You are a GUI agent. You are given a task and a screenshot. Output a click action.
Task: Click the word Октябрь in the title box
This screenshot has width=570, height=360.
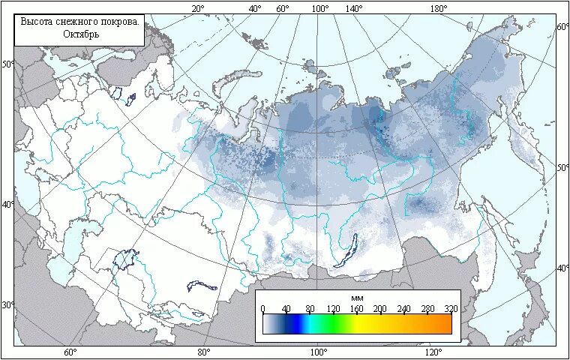click(x=80, y=34)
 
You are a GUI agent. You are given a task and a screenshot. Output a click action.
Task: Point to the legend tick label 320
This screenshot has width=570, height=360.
click(x=450, y=308)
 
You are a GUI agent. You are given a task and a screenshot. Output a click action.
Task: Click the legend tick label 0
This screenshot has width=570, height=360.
click(x=262, y=308)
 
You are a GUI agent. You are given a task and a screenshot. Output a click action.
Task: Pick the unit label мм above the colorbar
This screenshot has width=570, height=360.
click(x=357, y=298)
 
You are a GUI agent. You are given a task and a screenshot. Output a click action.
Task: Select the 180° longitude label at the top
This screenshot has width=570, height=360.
click(x=439, y=8)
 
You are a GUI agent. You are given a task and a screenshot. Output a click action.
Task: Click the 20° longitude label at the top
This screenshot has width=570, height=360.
click(x=198, y=8)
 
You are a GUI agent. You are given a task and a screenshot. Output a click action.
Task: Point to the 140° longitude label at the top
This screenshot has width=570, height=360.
click(x=354, y=8)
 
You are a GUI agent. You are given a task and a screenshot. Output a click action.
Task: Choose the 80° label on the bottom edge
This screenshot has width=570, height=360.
click(x=203, y=352)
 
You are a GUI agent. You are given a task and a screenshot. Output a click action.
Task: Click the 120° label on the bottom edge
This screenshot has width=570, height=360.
click(x=433, y=352)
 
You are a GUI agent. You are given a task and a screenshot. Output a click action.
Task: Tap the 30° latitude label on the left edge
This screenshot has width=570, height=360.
click(x=7, y=305)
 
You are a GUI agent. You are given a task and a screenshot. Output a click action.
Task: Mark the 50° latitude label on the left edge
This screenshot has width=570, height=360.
click(x=7, y=64)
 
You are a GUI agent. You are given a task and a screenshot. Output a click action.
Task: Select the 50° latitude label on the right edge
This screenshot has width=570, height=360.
click(x=562, y=167)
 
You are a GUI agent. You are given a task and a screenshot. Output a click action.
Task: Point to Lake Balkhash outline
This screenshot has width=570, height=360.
click(x=202, y=286)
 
